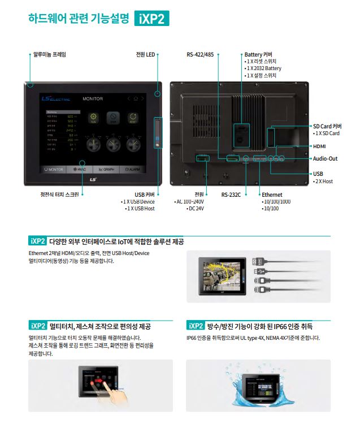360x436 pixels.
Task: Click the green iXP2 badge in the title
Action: point(152,19)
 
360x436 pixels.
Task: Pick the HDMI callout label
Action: point(320,146)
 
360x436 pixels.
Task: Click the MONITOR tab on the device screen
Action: point(54,169)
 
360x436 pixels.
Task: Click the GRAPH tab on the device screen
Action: point(106,169)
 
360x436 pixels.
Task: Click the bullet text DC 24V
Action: point(196,209)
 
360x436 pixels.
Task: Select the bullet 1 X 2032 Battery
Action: point(263,68)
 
